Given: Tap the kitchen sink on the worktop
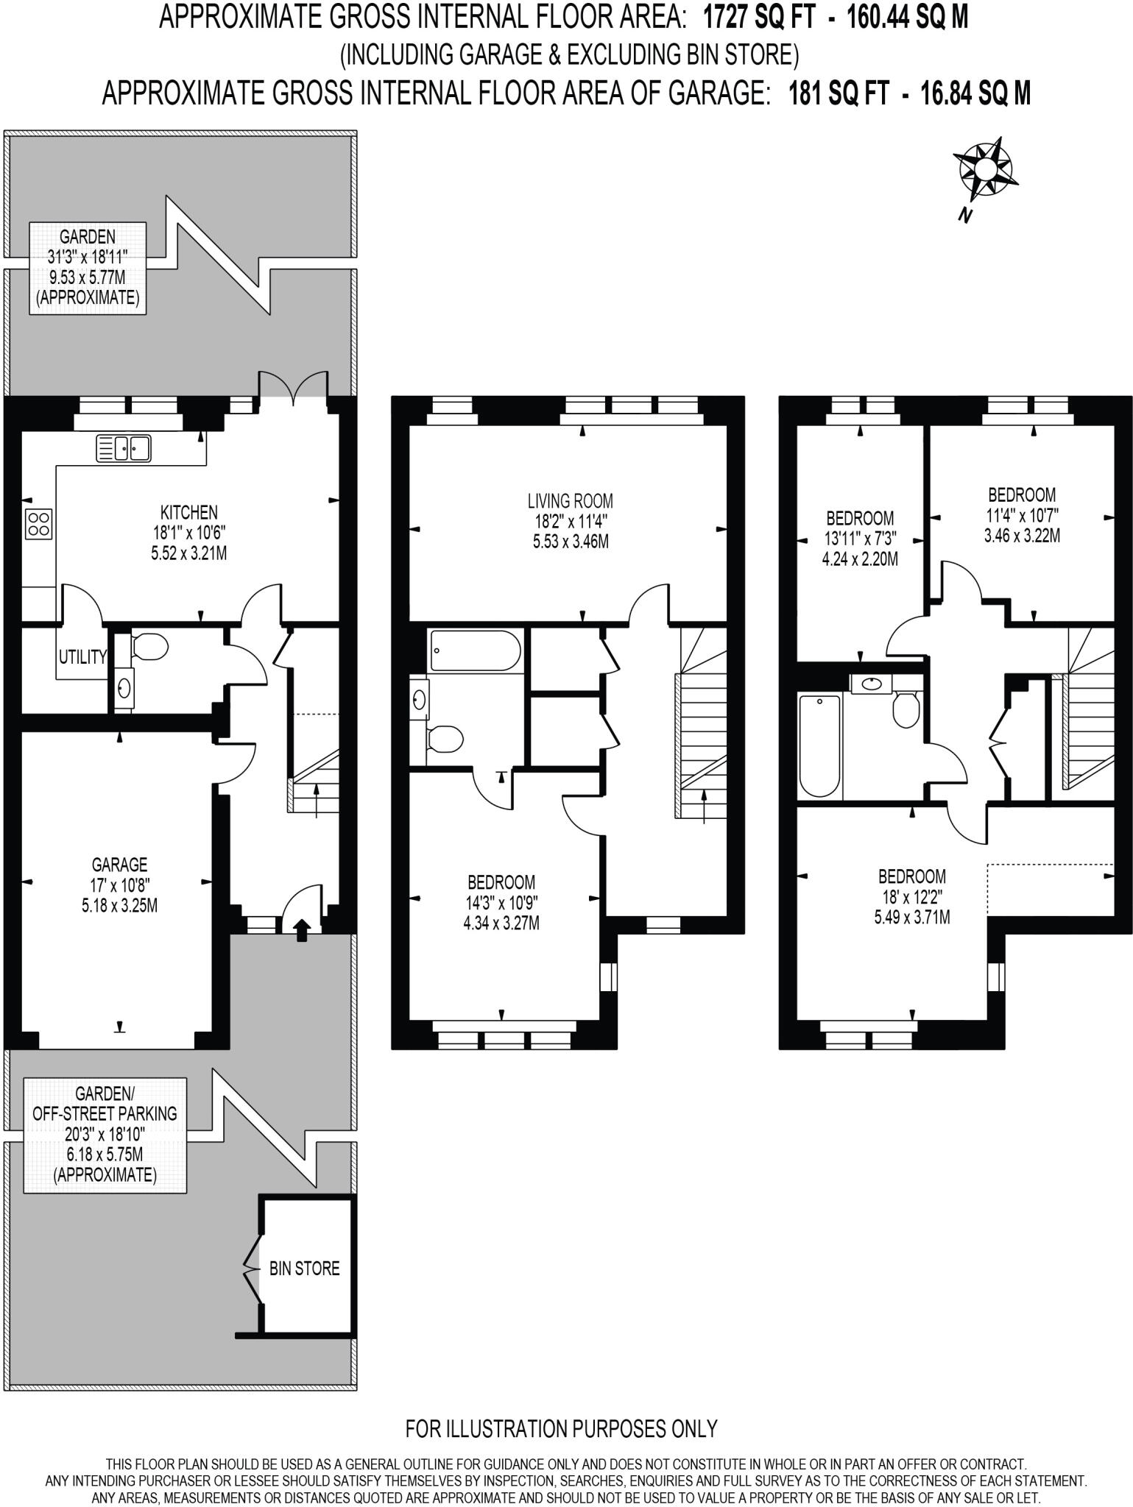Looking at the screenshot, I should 124,448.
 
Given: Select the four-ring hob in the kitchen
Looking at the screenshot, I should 39,524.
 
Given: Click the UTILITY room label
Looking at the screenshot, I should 82,657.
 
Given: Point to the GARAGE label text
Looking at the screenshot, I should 119,865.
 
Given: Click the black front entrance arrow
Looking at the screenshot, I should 302,929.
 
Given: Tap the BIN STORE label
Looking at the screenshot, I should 304,1269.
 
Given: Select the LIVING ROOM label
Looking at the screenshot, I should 570,501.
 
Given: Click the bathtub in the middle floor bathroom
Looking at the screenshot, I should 476,650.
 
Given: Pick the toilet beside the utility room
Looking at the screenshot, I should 149,647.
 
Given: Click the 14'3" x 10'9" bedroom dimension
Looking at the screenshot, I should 501,902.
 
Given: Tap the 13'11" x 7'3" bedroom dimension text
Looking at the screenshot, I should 860,539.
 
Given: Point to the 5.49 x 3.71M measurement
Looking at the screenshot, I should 911,918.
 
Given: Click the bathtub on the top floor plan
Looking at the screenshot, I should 819,745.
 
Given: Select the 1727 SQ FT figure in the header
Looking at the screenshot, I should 759,17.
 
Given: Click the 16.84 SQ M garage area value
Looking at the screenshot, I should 975,93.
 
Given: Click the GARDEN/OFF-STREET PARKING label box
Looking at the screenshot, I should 105,1134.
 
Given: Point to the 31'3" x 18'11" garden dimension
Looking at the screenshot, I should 88,257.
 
